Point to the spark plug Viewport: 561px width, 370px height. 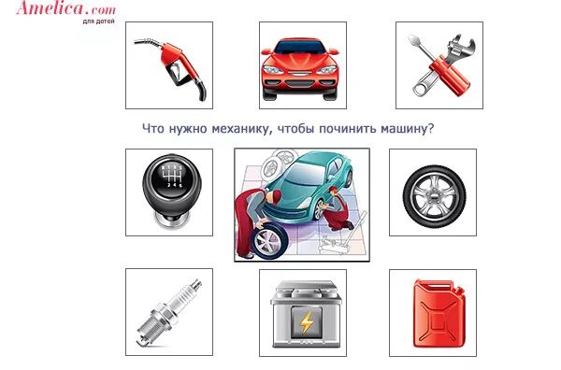(x=168, y=312)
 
